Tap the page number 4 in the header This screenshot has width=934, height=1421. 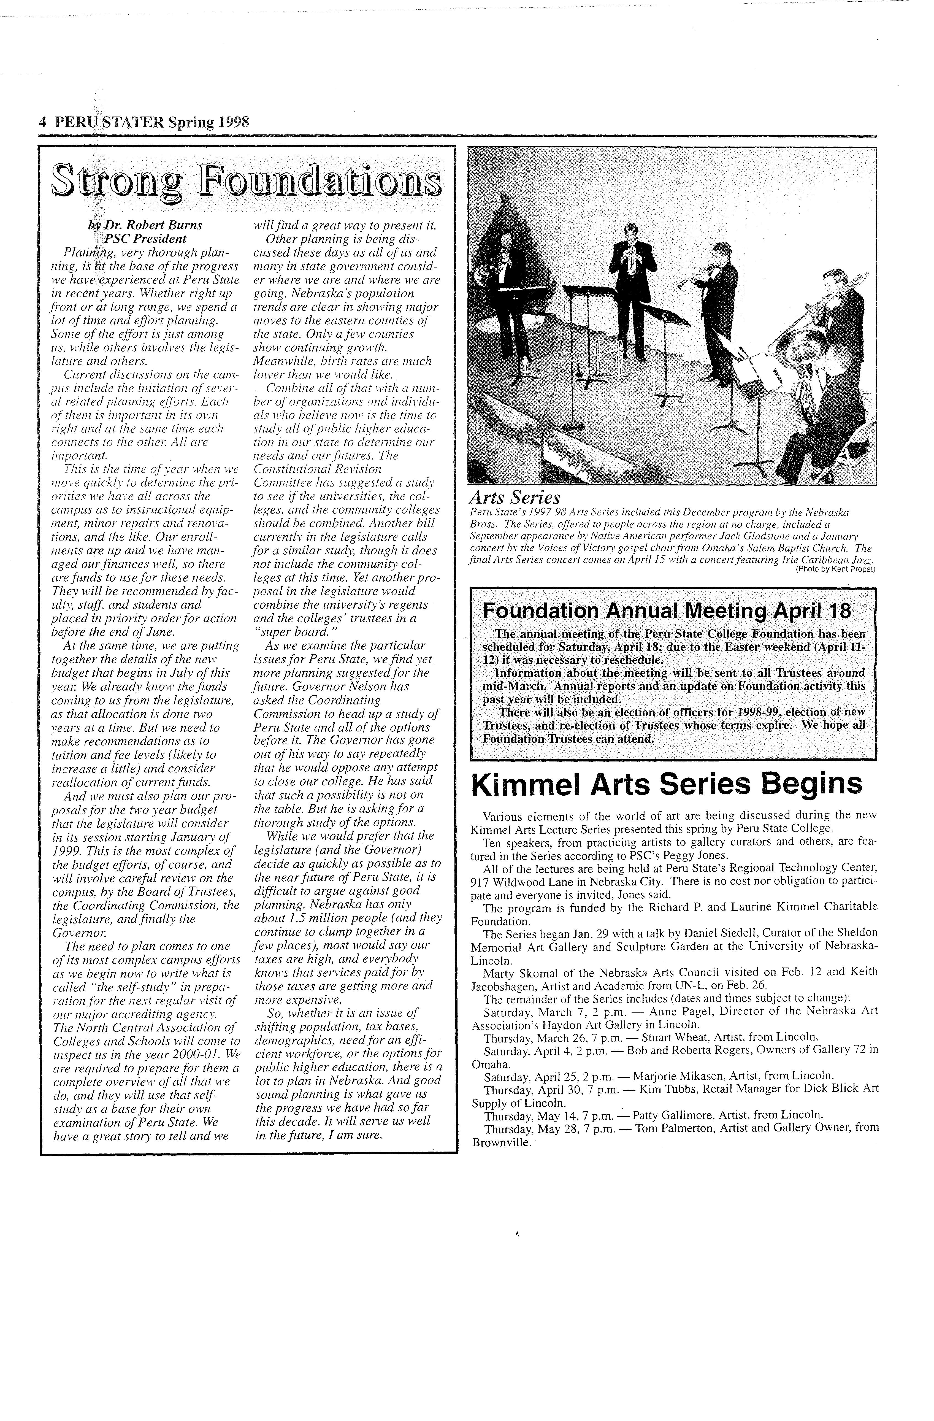42,122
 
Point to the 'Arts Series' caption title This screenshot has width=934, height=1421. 515,498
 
